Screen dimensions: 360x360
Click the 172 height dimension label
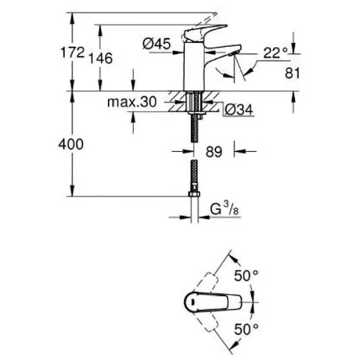[x=73, y=53]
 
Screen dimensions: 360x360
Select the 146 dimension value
[x=101, y=58]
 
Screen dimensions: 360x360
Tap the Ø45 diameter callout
[x=156, y=44]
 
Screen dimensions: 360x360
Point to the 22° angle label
[x=276, y=53]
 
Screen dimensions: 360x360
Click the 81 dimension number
[x=292, y=73]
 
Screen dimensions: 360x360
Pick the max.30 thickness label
[x=132, y=102]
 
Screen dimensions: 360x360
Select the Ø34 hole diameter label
[x=239, y=110]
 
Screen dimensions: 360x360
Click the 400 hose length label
[x=71, y=144]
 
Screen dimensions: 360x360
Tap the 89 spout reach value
[x=214, y=152]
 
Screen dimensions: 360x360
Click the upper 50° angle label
[x=246, y=276]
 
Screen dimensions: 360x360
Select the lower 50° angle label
[x=246, y=329]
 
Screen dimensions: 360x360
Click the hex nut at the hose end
[x=194, y=194]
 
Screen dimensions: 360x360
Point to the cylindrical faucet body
[x=194, y=67]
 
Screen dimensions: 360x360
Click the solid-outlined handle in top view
[x=212, y=302]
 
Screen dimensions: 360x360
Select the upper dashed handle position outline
[x=206, y=283]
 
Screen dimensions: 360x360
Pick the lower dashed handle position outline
[x=206, y=321]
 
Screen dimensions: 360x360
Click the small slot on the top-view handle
[x=192, y=302]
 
